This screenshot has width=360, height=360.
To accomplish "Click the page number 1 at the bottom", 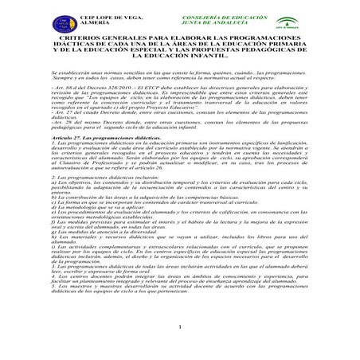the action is point(180,346).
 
